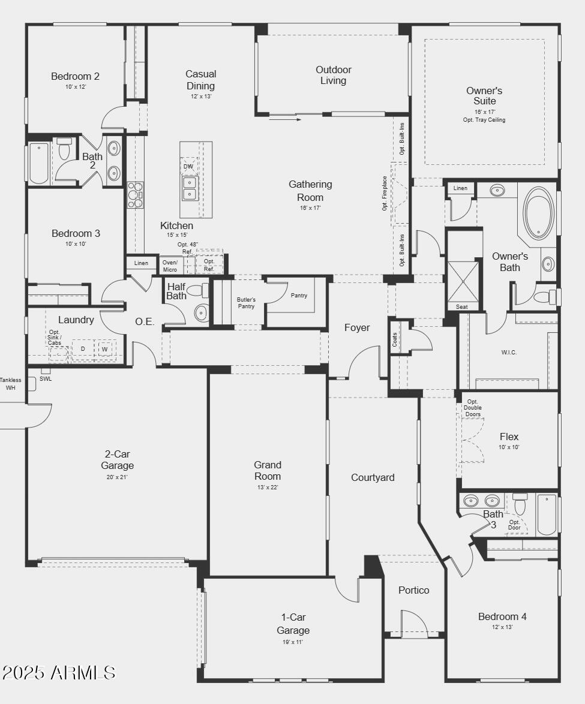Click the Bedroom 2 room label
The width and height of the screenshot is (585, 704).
point(75,77)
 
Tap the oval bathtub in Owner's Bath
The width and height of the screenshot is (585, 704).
point(538,213)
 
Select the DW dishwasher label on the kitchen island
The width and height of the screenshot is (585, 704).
point(188,167)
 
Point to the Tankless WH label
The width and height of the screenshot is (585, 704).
point(10,384)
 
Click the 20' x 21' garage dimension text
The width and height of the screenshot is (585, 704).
point(117,477)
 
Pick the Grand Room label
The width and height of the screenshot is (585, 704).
point(267,471)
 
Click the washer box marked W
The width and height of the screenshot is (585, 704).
point(104,349)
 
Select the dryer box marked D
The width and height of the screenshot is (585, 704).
point(83,349)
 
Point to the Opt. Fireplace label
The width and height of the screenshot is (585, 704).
point(385,193)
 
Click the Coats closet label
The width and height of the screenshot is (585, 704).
point(395,340)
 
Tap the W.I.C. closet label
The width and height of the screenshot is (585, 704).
point(509,353)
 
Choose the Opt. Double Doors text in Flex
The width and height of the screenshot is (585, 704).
point(472,408)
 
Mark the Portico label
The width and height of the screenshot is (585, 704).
point(414,590)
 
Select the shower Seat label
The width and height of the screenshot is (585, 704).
point(461,307)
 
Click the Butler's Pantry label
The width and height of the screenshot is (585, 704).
point(246,303)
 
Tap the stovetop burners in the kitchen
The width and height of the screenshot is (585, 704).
point(135,195)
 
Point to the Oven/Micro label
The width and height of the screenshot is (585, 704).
point(170,266)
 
